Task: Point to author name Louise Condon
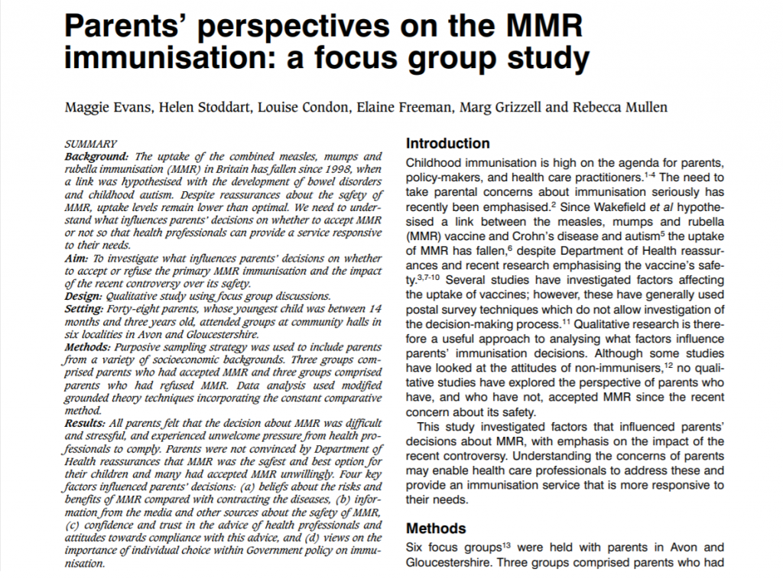click(x=310, y=106)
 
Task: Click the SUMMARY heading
click(x=90, y=143)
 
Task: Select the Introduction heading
click(x=447, y=143)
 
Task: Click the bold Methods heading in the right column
click(x=436, y=529)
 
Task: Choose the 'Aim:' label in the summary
click(x=78, y=259)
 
